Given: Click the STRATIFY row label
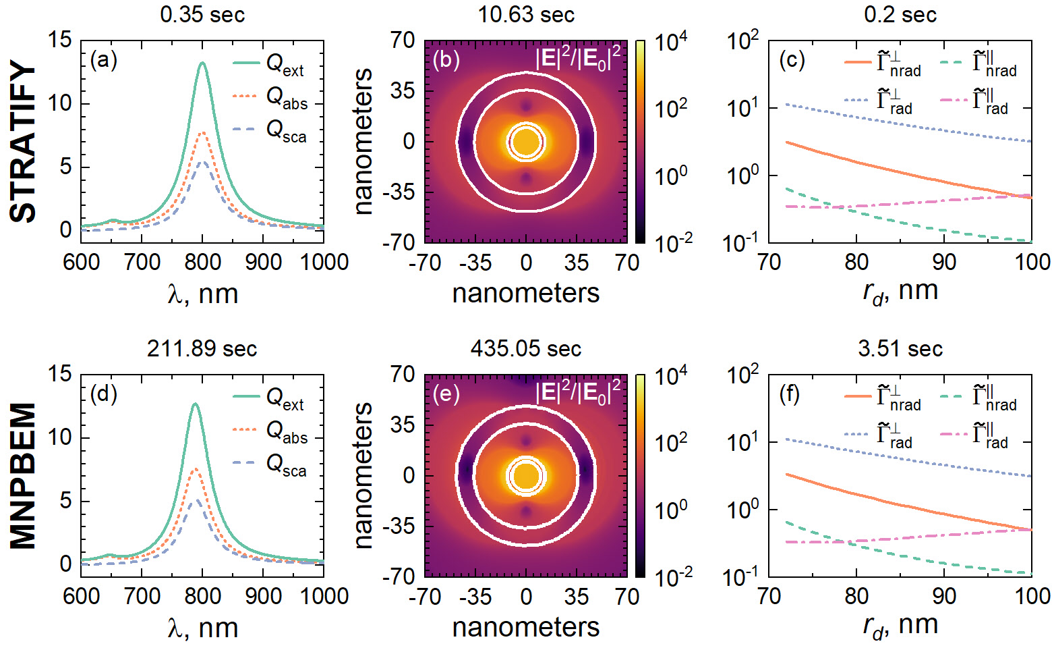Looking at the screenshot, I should click(24, 142).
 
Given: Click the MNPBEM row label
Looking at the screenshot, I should click(24, 476).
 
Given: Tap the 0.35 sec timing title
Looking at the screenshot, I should click(202, 14).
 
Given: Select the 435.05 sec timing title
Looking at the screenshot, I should click(526, 348).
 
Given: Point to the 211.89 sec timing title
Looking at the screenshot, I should click(202, 348).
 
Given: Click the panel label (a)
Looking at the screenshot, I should click(104, 60).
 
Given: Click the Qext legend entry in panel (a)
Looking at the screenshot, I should click(269, 64).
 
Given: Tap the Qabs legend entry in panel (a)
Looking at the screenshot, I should click(270, 97).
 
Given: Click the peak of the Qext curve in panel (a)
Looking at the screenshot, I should click(202, 63).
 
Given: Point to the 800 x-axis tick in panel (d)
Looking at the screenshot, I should click(202, 596).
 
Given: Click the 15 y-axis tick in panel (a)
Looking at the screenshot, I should click(60, 40).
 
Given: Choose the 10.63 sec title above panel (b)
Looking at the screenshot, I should click(526, 14).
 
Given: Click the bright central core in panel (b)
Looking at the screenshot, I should click(526, 142).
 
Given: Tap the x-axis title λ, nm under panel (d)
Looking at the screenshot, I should click(202, 628).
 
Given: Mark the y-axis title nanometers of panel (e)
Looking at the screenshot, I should click(363, 476).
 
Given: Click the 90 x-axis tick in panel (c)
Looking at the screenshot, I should click(944, 262).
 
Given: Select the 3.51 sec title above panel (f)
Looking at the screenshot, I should click(900, 348).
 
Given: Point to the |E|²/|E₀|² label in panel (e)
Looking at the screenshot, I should click(579, 391).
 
